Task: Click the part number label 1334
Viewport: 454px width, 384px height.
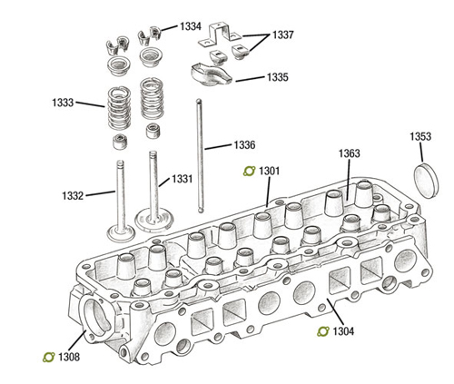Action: (191, 26)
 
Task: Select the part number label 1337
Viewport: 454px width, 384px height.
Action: (283, 35)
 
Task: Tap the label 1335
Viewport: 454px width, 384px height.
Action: (278, 77)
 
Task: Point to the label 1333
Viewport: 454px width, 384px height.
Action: (63, 103)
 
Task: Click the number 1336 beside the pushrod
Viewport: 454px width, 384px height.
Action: (244, 145)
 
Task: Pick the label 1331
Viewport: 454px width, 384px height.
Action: (183, 179)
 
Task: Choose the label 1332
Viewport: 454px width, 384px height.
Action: (73, 196)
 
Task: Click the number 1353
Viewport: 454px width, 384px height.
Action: (420, 137)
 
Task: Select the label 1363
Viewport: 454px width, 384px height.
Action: (350, 153)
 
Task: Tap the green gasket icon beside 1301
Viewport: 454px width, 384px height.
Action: (250, 172)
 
